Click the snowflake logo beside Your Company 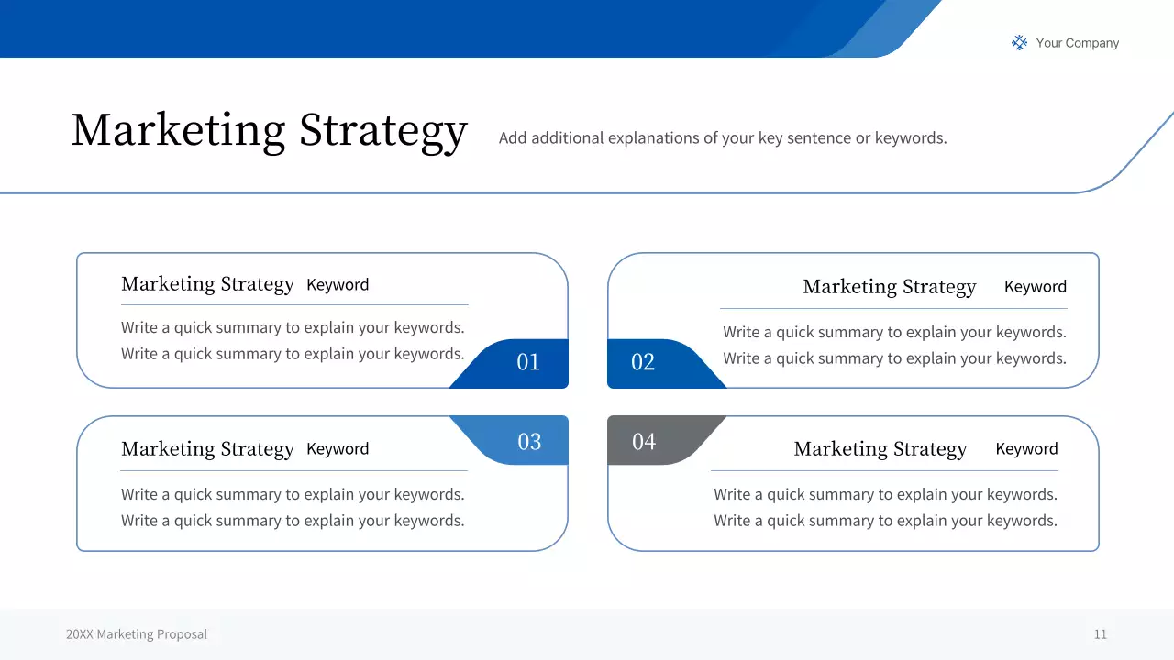pos(1019,43)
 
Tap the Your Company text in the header pos(1077,43)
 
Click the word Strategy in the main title pos(383,130)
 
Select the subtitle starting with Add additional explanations pos(722,138)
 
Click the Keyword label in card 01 pos(338,285)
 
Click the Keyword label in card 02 pos(1035,287)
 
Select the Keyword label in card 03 pos(338,449)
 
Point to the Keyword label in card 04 pos(1026,449)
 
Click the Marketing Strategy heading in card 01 pos(207,284)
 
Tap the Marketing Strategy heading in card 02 pos(889,287)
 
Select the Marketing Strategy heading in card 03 pos(207,449)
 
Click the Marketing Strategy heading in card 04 pos(880,449)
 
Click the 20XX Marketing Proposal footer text pos(137,634)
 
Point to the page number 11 pos(1100,634)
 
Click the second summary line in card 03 pos(293,521)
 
